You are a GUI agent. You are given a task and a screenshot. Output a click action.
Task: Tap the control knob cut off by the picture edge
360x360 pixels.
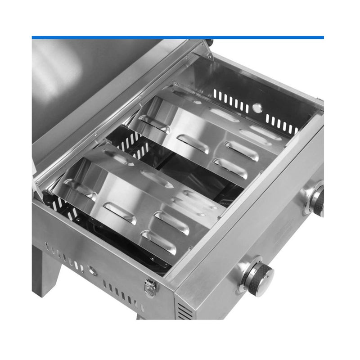tap(317, 201)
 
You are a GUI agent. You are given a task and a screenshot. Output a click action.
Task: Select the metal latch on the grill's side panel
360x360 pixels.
tap(151, 287)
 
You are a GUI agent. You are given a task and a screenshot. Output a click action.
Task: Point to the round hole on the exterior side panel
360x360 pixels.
tap(93, 271)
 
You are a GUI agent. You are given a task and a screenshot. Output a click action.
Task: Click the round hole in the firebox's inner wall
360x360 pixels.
tap(257, 108)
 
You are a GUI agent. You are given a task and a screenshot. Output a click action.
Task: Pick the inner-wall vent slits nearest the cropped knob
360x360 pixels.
tap(281, 124)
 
